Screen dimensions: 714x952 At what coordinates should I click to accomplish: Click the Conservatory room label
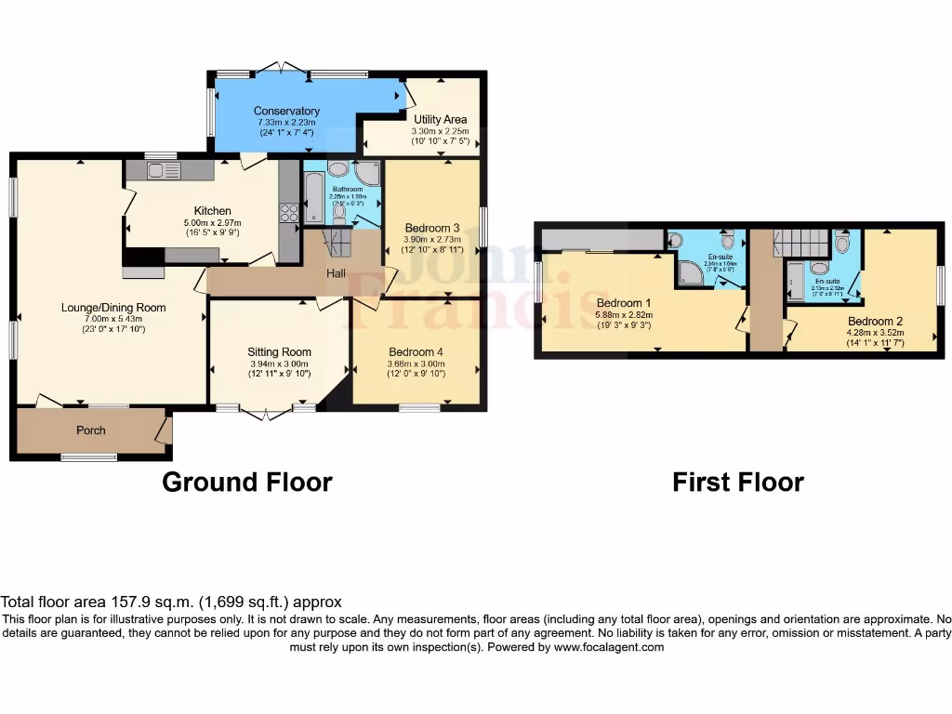(286, 112)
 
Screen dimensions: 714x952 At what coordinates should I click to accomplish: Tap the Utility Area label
(439, 120)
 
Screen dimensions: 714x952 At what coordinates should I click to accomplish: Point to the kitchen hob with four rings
(287, 212)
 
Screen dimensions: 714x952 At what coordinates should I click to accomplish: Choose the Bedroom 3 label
(432, 228)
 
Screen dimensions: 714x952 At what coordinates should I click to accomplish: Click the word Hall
(337, 274)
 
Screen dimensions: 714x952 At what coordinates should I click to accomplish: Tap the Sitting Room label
(279, 352)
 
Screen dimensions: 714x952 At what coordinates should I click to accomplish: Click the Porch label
(90, 430)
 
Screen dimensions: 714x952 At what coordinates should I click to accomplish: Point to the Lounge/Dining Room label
(113, 308)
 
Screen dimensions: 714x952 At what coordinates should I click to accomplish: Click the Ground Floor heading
(246, 483)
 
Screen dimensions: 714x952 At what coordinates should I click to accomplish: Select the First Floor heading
(737, 483)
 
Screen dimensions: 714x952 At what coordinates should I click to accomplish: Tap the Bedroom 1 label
(624, 304)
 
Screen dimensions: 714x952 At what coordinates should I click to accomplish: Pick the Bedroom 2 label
(875, 321)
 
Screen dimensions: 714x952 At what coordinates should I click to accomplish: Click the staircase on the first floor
(800, 244)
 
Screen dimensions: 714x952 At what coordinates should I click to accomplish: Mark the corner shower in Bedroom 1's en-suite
(691, 271)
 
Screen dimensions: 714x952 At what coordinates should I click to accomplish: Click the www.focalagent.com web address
(609, 648)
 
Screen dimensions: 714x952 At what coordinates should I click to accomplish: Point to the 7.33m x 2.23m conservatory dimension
(286, 122)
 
